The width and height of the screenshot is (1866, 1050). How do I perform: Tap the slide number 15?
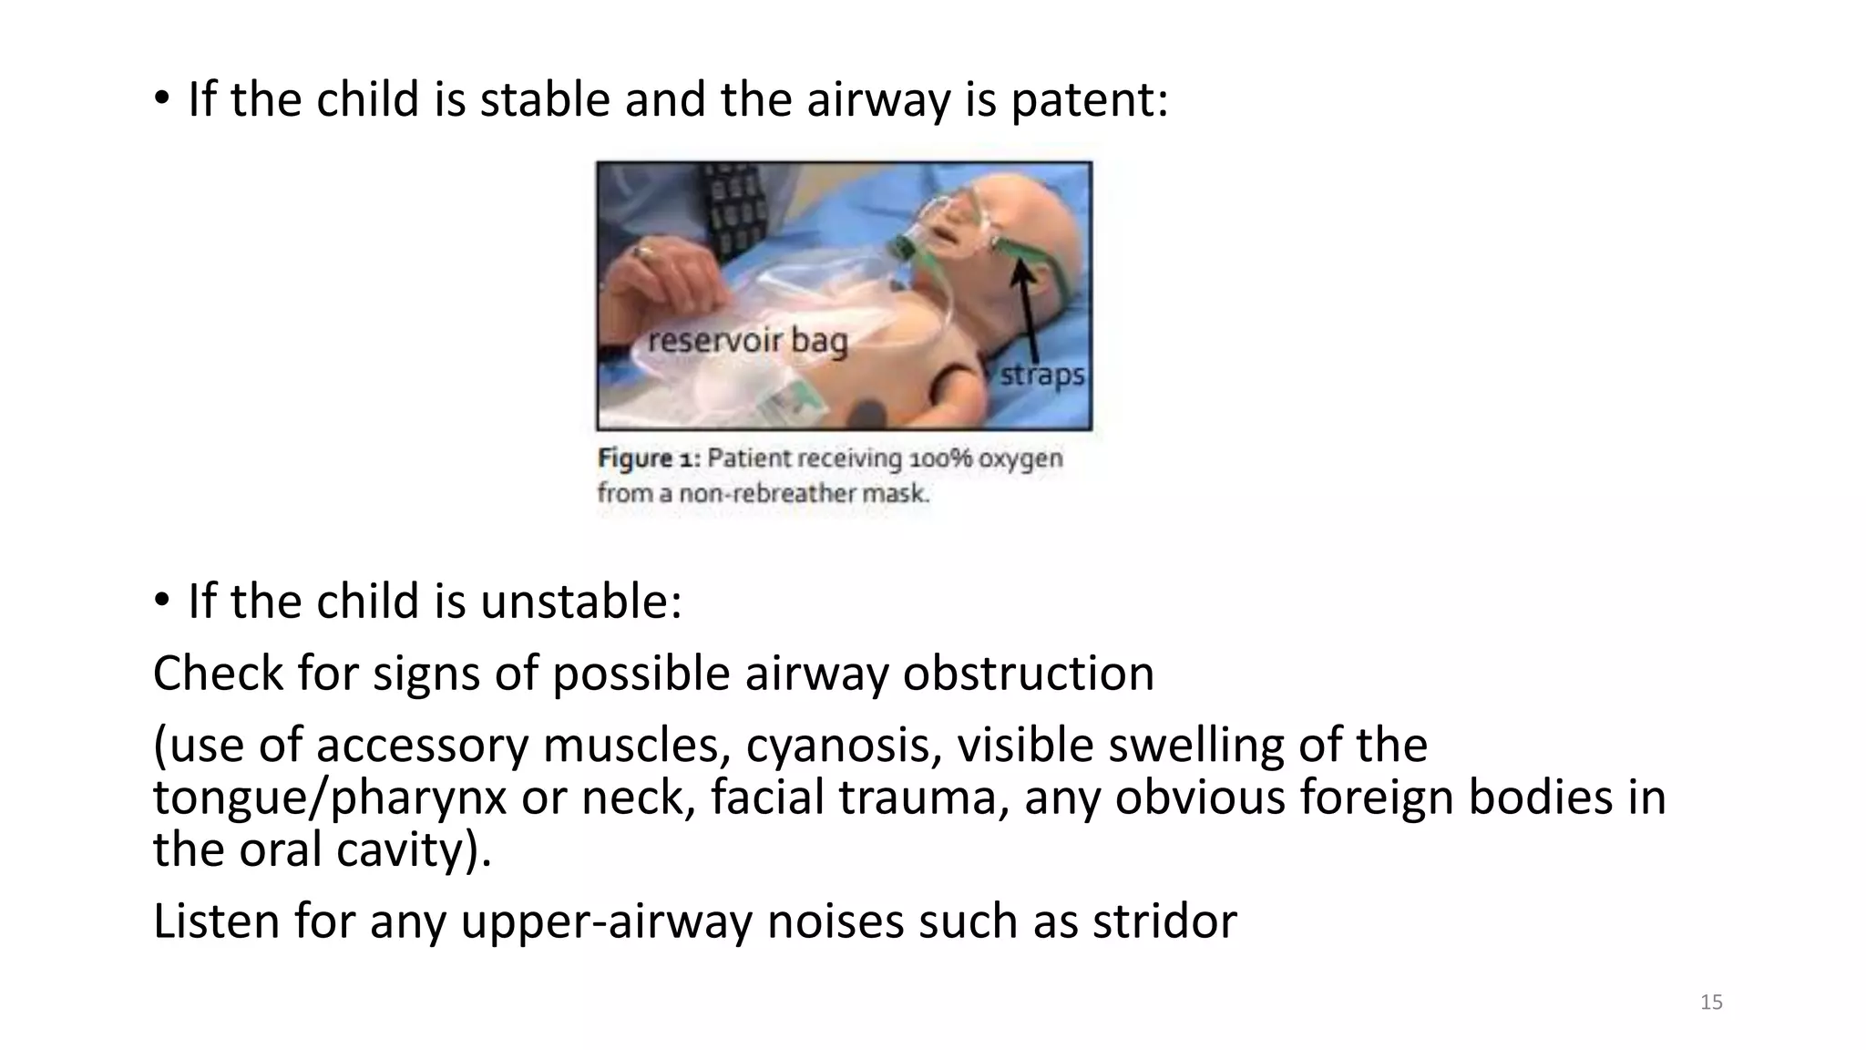(x=1711, y=1003)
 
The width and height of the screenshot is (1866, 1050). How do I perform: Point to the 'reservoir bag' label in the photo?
(x=747, y=342)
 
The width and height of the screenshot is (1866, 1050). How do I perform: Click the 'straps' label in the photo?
(x=1042, y=376)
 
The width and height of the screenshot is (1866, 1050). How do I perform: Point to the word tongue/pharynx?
(x=329, y=798)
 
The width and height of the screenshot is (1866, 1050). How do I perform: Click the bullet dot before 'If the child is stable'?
(x=162, y=98)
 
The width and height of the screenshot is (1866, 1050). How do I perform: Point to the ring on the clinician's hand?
(x=646, y=252)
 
